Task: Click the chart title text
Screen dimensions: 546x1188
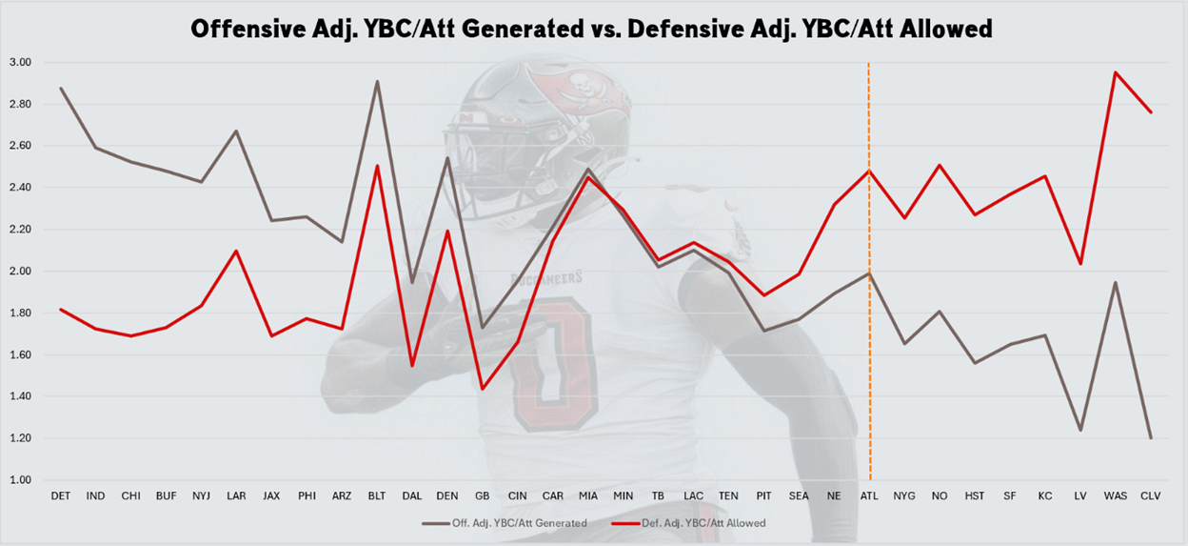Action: pyautogui.click(x=591, y=29)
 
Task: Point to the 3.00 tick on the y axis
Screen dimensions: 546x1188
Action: pyautogui.click(x=22, y=62)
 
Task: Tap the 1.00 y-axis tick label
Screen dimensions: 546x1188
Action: pyautogui.click(x=22, y=480)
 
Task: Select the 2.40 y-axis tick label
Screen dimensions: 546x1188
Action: pyautogui.click(x=22, y=188)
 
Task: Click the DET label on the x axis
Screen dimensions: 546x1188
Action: pyautogui.click(x=60, y=496)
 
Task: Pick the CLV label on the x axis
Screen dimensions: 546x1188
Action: pyautogui.click(x=1150, y=496)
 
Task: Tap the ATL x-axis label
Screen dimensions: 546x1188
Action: pyautogui.click(x=869, y=496)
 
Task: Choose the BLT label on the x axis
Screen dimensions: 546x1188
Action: pyautogui.click(x=377, y=496)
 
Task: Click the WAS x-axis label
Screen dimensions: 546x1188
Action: pyautogui.click(x=1115, y=496)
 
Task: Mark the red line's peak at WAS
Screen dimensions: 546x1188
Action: pyautogui.click(x=1115, y=72)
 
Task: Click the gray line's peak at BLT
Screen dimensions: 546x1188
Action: pyautogui.click(x=377, y=81)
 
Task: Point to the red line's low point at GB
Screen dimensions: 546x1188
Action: pyautogui.click(x=483, y=388)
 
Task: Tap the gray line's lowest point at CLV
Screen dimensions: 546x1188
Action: pyautogui.click(x=1150, y=438)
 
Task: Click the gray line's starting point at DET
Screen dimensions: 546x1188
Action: pyautogui.click(x=61, y=89)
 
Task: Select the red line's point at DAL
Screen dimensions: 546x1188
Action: pyautogui.click(x=412, y=365)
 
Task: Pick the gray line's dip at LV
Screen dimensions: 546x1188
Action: pyautogui.click(x=1080, y=430)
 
